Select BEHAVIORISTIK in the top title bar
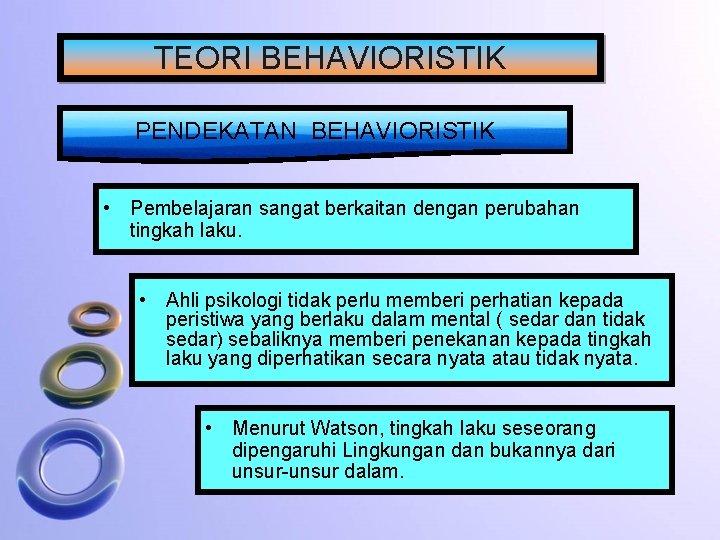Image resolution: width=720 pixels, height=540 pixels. [383, 57]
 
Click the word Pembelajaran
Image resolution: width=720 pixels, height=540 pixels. [192, 209]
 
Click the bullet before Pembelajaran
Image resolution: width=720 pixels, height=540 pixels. [106, 209]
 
